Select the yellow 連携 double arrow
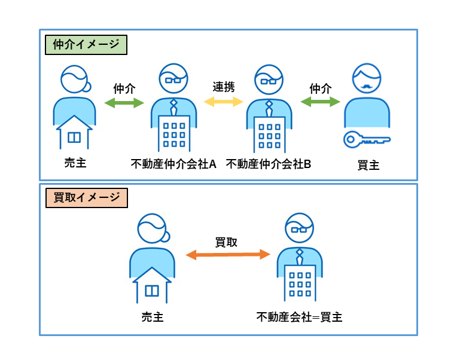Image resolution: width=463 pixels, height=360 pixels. click(224, 102)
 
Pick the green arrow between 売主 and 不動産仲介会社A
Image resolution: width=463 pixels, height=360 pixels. click(124, 103)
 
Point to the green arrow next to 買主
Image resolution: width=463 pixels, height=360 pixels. click(320, 103)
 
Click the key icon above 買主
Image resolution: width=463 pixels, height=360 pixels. click(367, 140)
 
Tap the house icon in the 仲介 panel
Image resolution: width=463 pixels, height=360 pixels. click(74, 132)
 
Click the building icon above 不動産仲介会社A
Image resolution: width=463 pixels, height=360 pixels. click(174, 133)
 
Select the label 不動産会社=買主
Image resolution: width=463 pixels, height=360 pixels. click(300, 316)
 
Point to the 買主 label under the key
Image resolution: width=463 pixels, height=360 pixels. click(368, 165)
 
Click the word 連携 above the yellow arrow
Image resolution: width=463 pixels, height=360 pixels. click(224, 86)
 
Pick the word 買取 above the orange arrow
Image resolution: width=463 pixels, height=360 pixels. click(226, 242)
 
